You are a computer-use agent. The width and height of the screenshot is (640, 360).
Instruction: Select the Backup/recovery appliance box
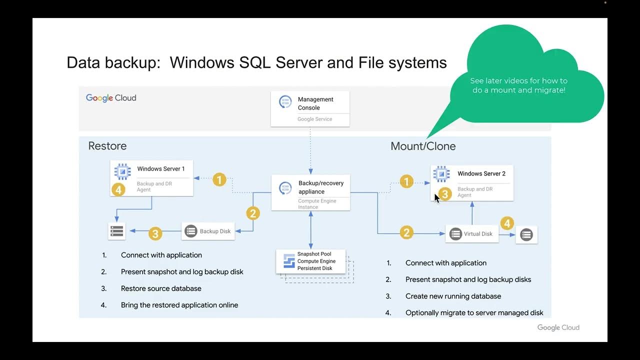pos(310,192)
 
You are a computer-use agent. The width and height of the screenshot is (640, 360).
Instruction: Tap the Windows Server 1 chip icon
pos(122,171)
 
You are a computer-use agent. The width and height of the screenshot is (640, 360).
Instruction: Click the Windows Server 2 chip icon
pos(441,174)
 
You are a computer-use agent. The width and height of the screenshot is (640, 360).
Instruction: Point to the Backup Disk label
pos(215,231)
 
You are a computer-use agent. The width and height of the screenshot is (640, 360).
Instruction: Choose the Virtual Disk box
pos(471,234)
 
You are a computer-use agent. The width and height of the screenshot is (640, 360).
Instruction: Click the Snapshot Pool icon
pos(289,261)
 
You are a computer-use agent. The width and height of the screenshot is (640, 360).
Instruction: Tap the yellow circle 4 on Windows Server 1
pos(118,189)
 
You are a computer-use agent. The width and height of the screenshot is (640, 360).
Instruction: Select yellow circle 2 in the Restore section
pos(253,213)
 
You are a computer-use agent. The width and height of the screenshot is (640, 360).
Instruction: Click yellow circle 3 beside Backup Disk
pos(155,233)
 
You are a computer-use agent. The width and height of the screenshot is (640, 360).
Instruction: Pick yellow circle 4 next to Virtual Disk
pos(507,223)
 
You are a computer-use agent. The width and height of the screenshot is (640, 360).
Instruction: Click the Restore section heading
pos(107,146)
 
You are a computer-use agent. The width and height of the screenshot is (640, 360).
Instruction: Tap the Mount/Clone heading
pos(423,146)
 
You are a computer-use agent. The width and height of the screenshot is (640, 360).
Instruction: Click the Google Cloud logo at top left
pos(111,98)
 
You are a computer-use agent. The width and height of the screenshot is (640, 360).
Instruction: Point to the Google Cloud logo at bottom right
pos(558,327)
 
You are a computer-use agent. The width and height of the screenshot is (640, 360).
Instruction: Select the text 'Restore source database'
pos(161,288)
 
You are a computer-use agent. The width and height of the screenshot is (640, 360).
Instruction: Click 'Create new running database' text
pos(453,296)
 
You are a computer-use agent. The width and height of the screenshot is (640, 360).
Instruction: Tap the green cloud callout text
pos(518,85)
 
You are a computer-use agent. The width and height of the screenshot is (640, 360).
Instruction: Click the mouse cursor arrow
pos(436,198)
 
